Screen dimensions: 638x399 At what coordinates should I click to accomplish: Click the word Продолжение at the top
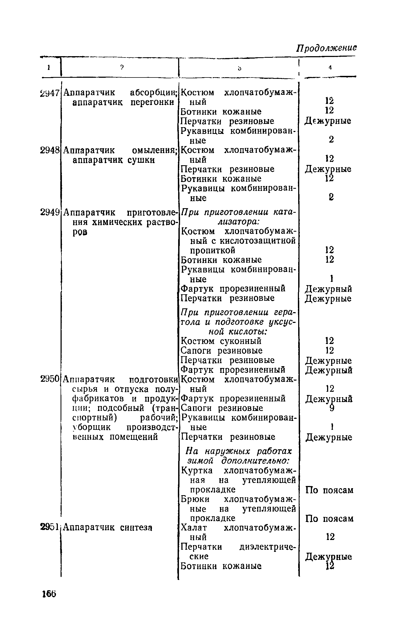pyautogui.click(x=327, y=48)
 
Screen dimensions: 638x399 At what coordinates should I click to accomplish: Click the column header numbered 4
pyautogui.click(x=330, y=68)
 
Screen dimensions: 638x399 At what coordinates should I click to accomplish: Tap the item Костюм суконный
pyautogui.click(x=221, y=341)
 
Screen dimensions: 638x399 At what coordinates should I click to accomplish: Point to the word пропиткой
pyautogui.click(x=212, y=251)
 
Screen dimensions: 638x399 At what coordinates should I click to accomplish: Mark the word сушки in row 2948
pyautogui.click(x=141, y=160)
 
